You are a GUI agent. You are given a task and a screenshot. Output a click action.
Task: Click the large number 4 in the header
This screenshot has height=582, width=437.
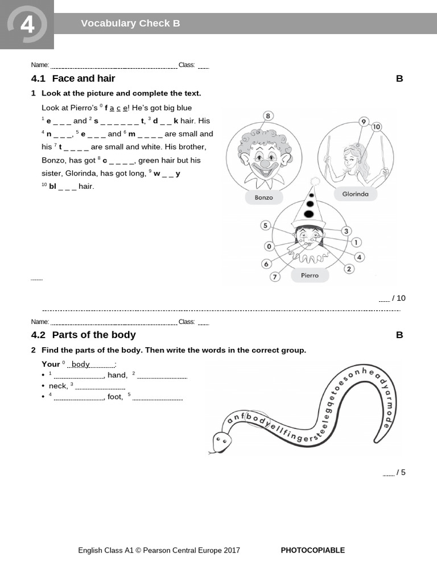(27, 26)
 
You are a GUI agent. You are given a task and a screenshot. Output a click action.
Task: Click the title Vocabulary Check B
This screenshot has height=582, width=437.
(130, 23)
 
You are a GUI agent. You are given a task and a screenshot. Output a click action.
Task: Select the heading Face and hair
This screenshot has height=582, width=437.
(83, 78)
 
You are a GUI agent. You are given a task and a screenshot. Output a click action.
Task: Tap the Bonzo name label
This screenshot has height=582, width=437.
(263, 198)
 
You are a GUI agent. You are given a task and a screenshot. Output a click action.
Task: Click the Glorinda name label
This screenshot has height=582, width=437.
(355, 194)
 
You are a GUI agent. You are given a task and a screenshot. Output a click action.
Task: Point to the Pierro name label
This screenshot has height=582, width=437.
(310, 276)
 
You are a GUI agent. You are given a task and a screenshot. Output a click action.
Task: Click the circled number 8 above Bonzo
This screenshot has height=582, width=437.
(268, 117)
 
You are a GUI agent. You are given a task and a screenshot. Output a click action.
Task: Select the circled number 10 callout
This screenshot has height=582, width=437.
(376, 127)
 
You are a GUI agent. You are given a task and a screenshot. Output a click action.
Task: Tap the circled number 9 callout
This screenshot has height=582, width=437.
(364, 122)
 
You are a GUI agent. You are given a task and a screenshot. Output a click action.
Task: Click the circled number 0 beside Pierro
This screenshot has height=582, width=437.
(269, 246)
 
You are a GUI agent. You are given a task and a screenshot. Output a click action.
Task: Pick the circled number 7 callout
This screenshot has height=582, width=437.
(275, 277)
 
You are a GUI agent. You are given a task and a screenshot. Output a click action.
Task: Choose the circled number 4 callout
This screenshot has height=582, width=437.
(359, 257)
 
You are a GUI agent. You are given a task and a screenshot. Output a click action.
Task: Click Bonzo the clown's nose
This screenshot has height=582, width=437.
(265, 163)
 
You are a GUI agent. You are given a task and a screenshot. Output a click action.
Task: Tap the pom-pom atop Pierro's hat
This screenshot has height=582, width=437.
(314, 182)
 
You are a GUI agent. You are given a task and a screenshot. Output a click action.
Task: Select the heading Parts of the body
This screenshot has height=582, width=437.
(94, 335)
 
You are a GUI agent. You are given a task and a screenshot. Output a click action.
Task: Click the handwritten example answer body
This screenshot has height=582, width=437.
(81, 364)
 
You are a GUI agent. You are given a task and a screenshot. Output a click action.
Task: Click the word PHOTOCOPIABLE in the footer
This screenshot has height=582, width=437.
(312, 550)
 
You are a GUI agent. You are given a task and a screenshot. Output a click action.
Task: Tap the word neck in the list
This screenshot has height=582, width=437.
(57, 386)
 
